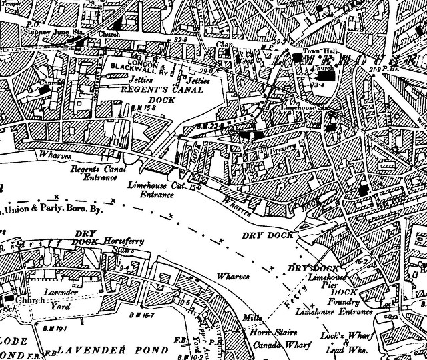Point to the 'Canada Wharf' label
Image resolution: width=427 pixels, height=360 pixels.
coord(274,345)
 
